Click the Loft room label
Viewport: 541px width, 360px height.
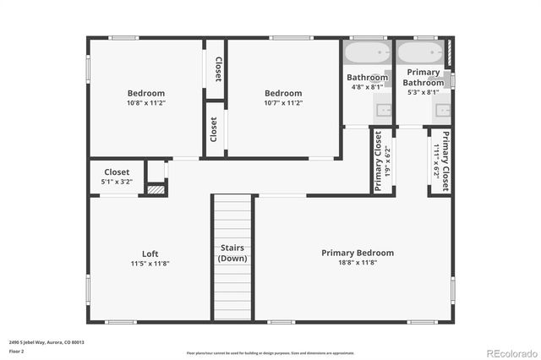point(150,254)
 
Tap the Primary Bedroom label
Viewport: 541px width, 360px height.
point(357,253)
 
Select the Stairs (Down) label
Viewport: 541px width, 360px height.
point(232,253)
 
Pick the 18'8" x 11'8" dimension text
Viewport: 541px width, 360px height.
point(357,263)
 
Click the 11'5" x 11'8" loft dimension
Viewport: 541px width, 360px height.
point(150,264)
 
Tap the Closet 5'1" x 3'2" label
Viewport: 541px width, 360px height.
point(117,176)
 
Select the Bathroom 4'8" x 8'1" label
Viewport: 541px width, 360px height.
point(367,81)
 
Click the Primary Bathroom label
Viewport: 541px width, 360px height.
point(423,78)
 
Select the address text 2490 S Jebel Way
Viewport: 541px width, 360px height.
point(46,343)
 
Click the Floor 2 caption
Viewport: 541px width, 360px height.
point(16,351)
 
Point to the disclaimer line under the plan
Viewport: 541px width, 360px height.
point(270,352)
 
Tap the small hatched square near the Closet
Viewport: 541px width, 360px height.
point(155,190)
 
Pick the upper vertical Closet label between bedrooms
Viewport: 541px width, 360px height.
point(217,69)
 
